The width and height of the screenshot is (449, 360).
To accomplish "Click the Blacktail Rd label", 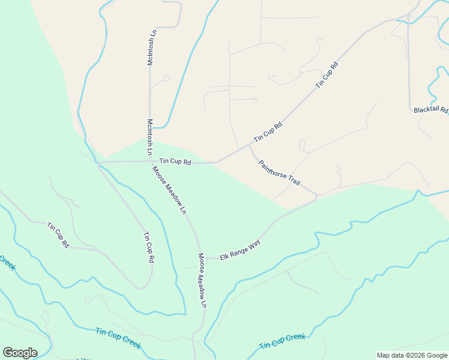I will [x=431, y=110].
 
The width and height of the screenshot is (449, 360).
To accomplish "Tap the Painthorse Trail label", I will [x=279, y=173].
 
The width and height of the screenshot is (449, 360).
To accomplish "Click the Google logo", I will [x=20, y=352].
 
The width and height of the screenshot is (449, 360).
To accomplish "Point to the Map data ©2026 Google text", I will [x=412, y=355].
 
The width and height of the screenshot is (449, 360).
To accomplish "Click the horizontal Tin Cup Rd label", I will [x=175, y=162].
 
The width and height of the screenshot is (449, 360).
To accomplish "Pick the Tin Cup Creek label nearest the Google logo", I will [x=118, y=338].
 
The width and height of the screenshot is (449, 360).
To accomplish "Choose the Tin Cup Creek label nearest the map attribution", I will [x=282, y=341].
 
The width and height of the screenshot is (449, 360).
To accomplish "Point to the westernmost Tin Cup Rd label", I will [x=58, y=235].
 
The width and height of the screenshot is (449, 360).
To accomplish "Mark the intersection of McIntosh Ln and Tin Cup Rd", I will [x=150, y=161].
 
